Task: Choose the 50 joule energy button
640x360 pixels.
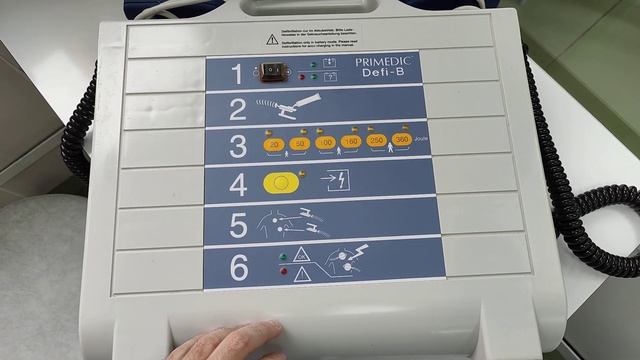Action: (299, 144)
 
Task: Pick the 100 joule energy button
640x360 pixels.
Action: (325, 144)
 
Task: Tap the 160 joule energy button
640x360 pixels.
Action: (351, 143)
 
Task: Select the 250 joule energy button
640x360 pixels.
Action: (377, 142)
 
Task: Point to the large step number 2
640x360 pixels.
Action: (237, 109)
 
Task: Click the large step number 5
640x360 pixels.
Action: (238, 225)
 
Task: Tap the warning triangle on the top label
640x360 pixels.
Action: (271, 38)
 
